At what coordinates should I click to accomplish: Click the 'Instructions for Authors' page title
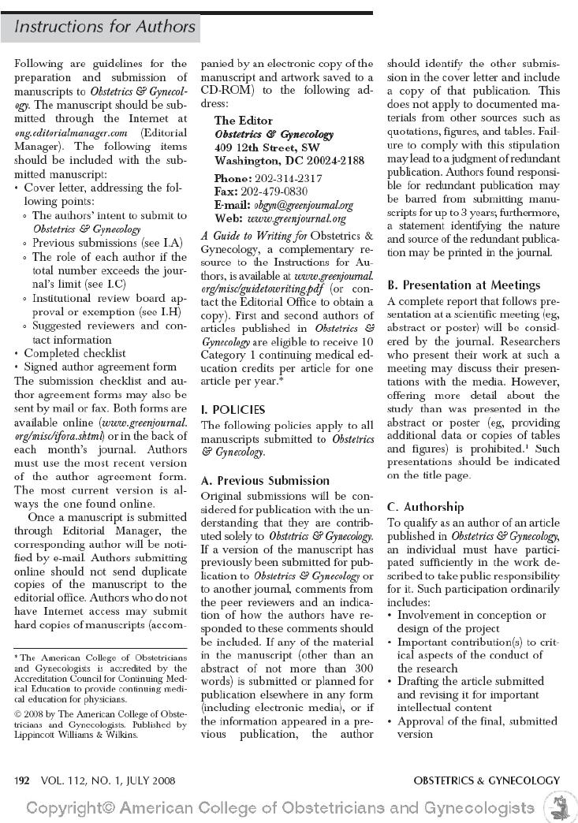click(x=105, y=26)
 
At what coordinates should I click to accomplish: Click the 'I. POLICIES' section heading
click(x=233, y=410)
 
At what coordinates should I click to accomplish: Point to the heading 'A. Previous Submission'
click(x=266, y=480)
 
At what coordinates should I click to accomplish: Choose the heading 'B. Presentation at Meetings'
click(x=464, y=285)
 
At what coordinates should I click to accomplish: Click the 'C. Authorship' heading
click(x=426, y=507)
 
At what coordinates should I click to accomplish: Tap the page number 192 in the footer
click(x=23, y=781)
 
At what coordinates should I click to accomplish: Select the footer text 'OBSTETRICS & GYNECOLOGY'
click(x=487, y=781)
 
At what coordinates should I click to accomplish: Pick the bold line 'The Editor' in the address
click(x=244, y=121)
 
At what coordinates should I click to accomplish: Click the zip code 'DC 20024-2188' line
click(x=289, y=161)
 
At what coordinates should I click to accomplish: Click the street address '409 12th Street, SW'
click(x=267, y=147)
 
